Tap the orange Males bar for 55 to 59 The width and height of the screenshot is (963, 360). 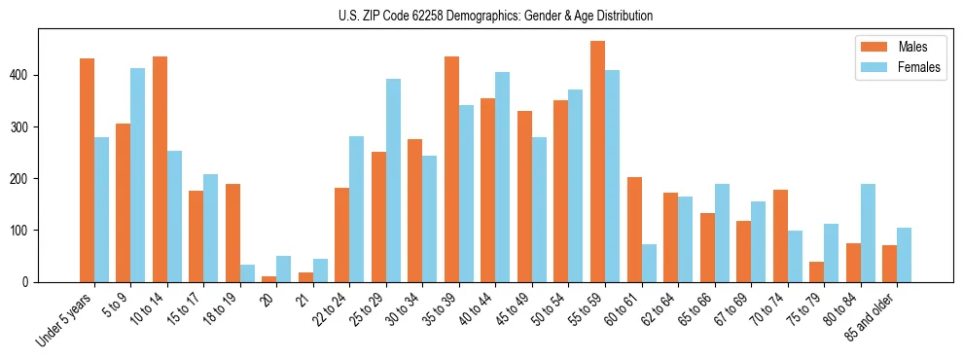[597, 162]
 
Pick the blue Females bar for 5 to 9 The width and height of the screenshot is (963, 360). [138, 175]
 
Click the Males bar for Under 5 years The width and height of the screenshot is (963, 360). [87, 170]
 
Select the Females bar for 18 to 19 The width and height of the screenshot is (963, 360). [247, 273]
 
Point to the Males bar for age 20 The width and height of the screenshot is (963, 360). [269, 279]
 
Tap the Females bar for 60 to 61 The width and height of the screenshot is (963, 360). [649, 263]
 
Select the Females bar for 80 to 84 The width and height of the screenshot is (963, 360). [868, 233]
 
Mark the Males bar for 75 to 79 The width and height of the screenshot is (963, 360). [816, 271]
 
